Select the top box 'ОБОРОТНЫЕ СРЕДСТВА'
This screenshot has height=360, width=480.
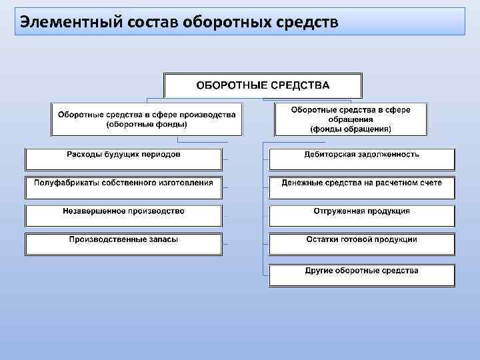[x=263, y=85]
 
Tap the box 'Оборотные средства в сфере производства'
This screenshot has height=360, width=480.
[x=147, y=119]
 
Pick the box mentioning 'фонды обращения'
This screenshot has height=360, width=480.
[x=351, y=119]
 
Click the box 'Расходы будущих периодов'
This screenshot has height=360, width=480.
[x=123, y=159]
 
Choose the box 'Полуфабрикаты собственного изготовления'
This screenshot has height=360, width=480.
[x=123, y=187]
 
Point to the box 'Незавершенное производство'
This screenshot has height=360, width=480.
[x=123, y=215]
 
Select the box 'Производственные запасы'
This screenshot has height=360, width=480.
[x=123, y=243]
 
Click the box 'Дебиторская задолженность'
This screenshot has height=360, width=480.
[x=362, y=159]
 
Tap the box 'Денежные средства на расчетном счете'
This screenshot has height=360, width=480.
[x=362, y=187]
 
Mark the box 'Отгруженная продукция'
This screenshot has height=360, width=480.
[x=362, y=215]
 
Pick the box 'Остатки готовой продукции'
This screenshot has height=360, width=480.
[x=362, y=243]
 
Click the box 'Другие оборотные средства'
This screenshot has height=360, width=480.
[x=362, y=275]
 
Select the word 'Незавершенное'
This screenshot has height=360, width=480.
[x=93, y=211]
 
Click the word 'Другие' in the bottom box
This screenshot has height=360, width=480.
[x=319, y=271]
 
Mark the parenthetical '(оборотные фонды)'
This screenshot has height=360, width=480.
[x=147, y=125]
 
